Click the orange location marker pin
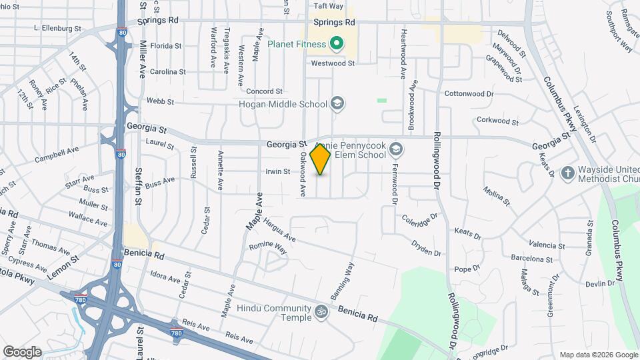pos(321,159)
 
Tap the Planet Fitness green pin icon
pos(337,45)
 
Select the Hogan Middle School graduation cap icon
pos(337,103)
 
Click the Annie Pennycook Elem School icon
pos(397,149)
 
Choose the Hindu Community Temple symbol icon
pos(321,311)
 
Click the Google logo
pos(22,351)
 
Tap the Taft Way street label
pos(328,6)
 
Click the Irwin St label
pos(278,171)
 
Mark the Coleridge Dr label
pos(419,217)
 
